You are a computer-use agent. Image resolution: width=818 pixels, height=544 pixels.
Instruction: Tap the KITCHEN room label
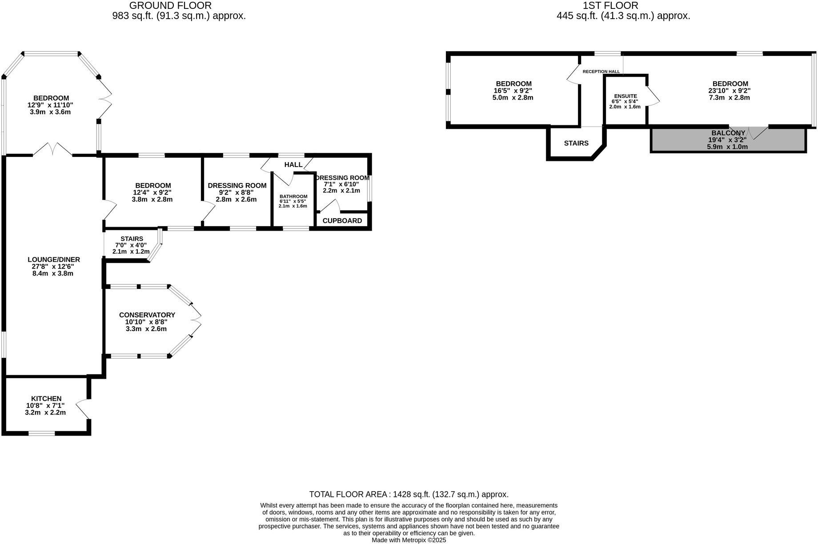tap(46, 399)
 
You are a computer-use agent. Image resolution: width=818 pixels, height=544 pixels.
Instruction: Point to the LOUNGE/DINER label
tap(54, 260)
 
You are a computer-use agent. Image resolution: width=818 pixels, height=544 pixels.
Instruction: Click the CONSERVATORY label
tap(147, 315)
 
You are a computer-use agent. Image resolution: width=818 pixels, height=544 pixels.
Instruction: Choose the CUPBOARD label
tap(342, 221)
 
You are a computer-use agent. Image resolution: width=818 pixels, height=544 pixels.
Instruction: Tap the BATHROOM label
tap(293, 196)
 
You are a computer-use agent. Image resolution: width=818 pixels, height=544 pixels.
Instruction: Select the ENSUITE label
tap(625, 96)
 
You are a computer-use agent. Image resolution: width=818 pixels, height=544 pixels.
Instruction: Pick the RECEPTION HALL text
tap(601, 72)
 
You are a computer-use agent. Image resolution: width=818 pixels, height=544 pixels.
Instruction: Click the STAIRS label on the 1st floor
tap(576, 143)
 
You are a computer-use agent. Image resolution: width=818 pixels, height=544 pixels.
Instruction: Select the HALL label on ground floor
tap(293, 164)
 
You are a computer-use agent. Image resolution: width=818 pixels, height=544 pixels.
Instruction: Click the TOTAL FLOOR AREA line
tap(409, 494)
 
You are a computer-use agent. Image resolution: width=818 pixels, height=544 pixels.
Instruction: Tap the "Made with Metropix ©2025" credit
tap(409, 540)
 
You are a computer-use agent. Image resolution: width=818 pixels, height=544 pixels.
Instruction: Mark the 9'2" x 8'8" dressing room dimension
tap(236, 192)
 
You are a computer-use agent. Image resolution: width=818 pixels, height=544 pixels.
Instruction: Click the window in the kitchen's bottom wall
tap(42, 433)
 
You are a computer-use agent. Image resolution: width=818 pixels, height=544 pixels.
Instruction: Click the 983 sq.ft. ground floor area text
tap(179, 16)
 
